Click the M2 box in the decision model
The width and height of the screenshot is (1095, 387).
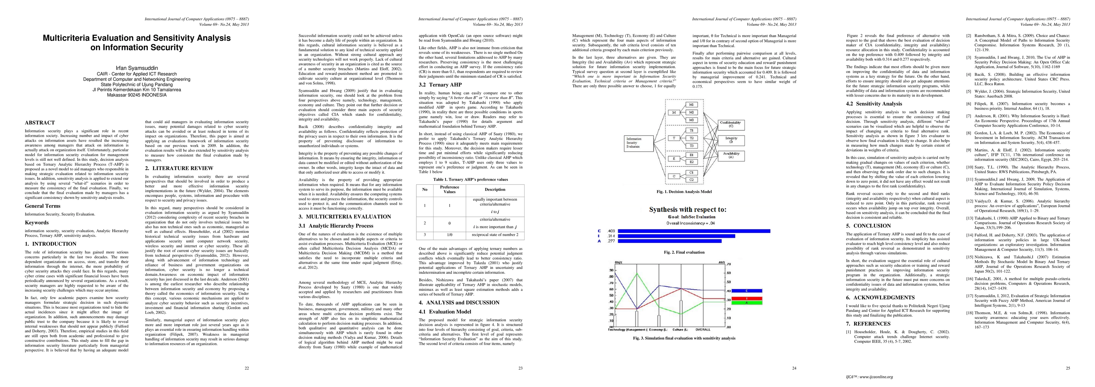click(691, 112)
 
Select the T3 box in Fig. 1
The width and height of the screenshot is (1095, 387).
click(691, 146)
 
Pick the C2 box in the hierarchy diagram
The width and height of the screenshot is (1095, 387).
click(691, 179)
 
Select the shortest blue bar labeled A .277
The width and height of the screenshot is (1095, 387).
click(670, 241)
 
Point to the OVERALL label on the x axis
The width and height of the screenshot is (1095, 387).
click(703, 330)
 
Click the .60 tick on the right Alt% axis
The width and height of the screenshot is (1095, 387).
click(728, 273)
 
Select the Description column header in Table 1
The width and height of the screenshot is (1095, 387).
click(495, 189)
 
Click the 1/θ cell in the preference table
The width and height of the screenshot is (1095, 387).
click(449, 234)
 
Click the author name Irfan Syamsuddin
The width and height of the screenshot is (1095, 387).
click(137, 68)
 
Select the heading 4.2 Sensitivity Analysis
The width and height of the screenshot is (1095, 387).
click(874, 104)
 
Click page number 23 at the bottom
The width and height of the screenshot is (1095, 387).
click(520, 368)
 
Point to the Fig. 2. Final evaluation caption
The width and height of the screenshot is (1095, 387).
click(684, 252)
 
